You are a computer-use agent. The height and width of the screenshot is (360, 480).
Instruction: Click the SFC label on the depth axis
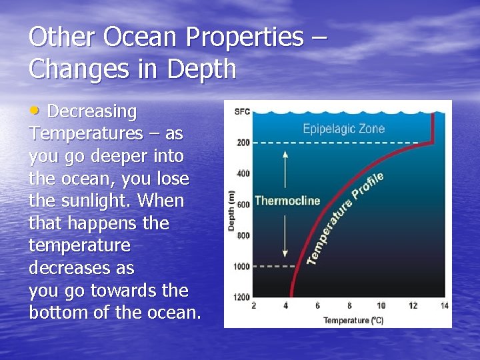[242, 111]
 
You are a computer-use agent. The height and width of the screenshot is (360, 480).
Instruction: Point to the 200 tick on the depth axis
[243, 142]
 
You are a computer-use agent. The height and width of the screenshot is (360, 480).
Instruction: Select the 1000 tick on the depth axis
[241, 267]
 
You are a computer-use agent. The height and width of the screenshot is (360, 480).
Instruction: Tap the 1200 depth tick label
[241, 297]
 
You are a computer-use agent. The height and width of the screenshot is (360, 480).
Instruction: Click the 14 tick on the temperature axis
[444, 306]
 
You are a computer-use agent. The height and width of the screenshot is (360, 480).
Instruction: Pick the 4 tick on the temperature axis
[285, 306]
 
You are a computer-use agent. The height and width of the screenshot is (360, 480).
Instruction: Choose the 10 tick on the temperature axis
[381, 306]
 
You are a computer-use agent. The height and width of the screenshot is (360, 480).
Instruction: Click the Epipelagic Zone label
[343, 129]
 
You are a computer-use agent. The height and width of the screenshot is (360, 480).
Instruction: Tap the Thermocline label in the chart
[287, 201]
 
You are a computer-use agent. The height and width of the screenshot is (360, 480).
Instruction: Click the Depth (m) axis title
[231, 210]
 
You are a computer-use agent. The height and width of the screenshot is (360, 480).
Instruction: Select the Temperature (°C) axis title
[353, 321]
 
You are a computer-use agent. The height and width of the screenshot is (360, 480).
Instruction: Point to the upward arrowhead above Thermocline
[285, 153]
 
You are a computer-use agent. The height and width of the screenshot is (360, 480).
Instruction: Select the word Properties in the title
[245, 37]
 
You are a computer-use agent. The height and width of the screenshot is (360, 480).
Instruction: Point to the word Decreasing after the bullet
[92, 111]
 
